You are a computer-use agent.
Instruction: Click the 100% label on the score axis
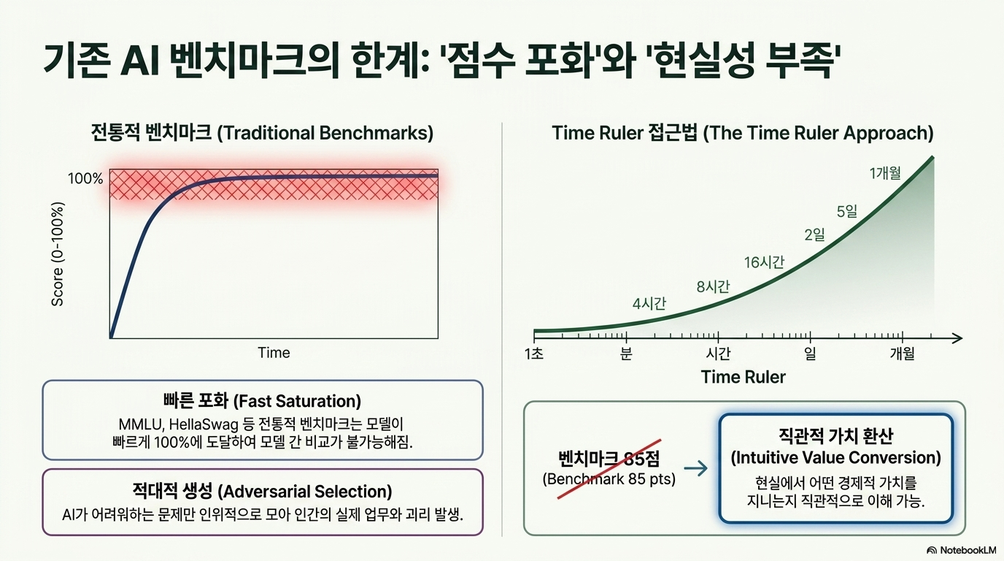[x=85, y=179]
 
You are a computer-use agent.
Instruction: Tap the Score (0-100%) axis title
[x=58, y=254]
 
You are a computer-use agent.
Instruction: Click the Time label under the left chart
[x=274, y=353]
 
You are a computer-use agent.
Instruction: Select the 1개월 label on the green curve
[x=885, y=173]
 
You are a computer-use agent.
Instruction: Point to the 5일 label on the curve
[x=846, y=211]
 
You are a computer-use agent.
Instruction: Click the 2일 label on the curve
[x=814, y=234]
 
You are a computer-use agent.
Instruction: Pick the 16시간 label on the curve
[x=764, y=262]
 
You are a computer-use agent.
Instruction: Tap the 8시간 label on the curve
[x=713, y=286]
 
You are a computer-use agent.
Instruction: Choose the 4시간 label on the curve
[x=649, y=304]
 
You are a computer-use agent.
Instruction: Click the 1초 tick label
[x=534, y=354]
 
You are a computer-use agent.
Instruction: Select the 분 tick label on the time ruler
[x=626, y=354]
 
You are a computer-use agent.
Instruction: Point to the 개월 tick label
[x=902, y=354]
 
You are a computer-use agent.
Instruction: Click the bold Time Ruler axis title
[x=743, y=377]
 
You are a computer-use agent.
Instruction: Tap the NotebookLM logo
[x=961, y=550]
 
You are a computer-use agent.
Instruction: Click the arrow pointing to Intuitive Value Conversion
[x=696, y=468]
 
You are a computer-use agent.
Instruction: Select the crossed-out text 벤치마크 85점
[x=609, y=458]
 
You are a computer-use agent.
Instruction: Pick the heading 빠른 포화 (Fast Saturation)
[x=262, y=401]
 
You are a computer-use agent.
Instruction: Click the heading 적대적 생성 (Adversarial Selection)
[x=262, y=492]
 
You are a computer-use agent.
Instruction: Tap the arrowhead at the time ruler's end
[x=957, y=338]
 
